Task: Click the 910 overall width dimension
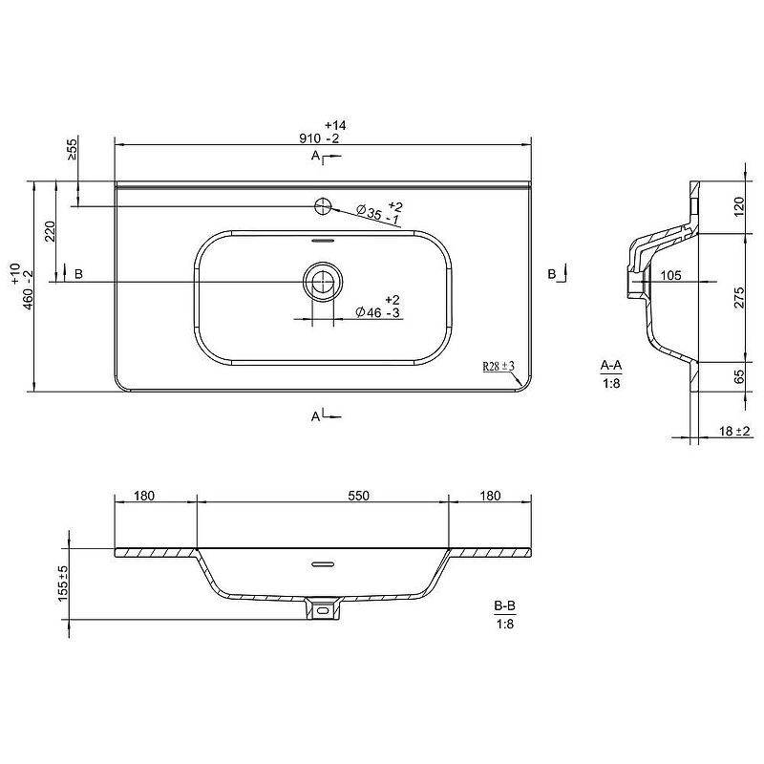[319, 132]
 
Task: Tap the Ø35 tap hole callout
[379, 212]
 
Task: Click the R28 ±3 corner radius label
[499, 366]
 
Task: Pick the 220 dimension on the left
[51, 231]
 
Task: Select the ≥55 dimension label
[72, 150]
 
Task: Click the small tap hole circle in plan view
[323, 206]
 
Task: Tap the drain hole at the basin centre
[323, 282]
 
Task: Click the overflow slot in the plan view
[323, 241]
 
